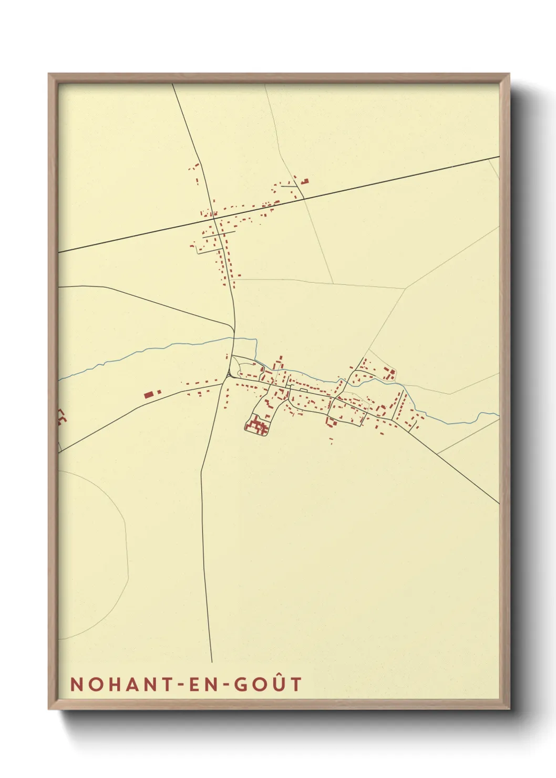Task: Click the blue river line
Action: pyautogui.click(x=158, y=349)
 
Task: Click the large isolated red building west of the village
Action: pyautogui.click(x=149, y=394)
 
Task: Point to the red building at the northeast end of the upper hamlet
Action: pyautogui.click(x=305, y=181)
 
